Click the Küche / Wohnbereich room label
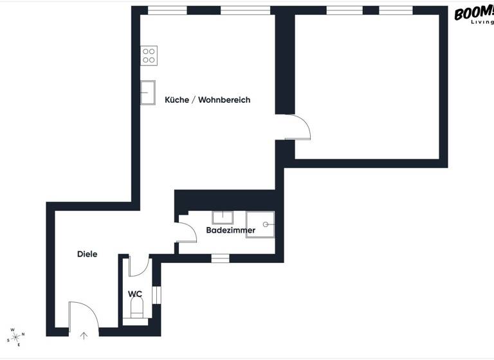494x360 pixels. (207, 100)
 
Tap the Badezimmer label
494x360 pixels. (230, 230)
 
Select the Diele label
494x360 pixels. (87, 254)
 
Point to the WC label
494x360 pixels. (135, 294)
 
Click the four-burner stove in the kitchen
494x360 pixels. (149, 55)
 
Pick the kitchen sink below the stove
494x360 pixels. (148, 93)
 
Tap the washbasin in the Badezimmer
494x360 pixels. (223, 217)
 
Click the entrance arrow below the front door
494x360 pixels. (84, 335)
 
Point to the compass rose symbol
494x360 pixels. (15, 336)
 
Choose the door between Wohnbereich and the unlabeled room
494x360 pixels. (298, 127)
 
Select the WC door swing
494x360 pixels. (138, 266)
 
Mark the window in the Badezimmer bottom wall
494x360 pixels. (221, 258)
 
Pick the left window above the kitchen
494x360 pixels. (167, 10)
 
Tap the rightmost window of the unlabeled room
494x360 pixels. (396, 10)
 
